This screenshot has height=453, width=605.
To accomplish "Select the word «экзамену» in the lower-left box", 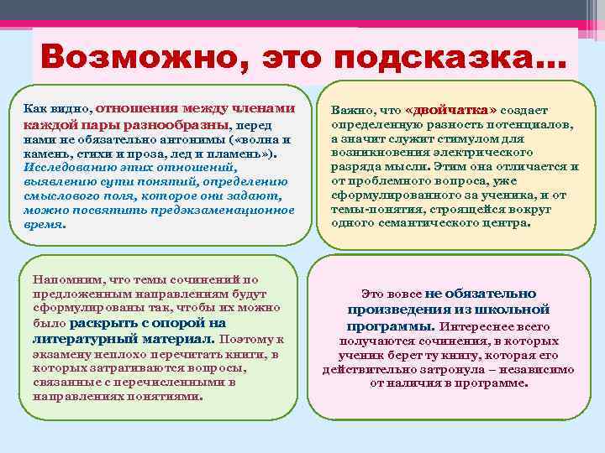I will point(60,353).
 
